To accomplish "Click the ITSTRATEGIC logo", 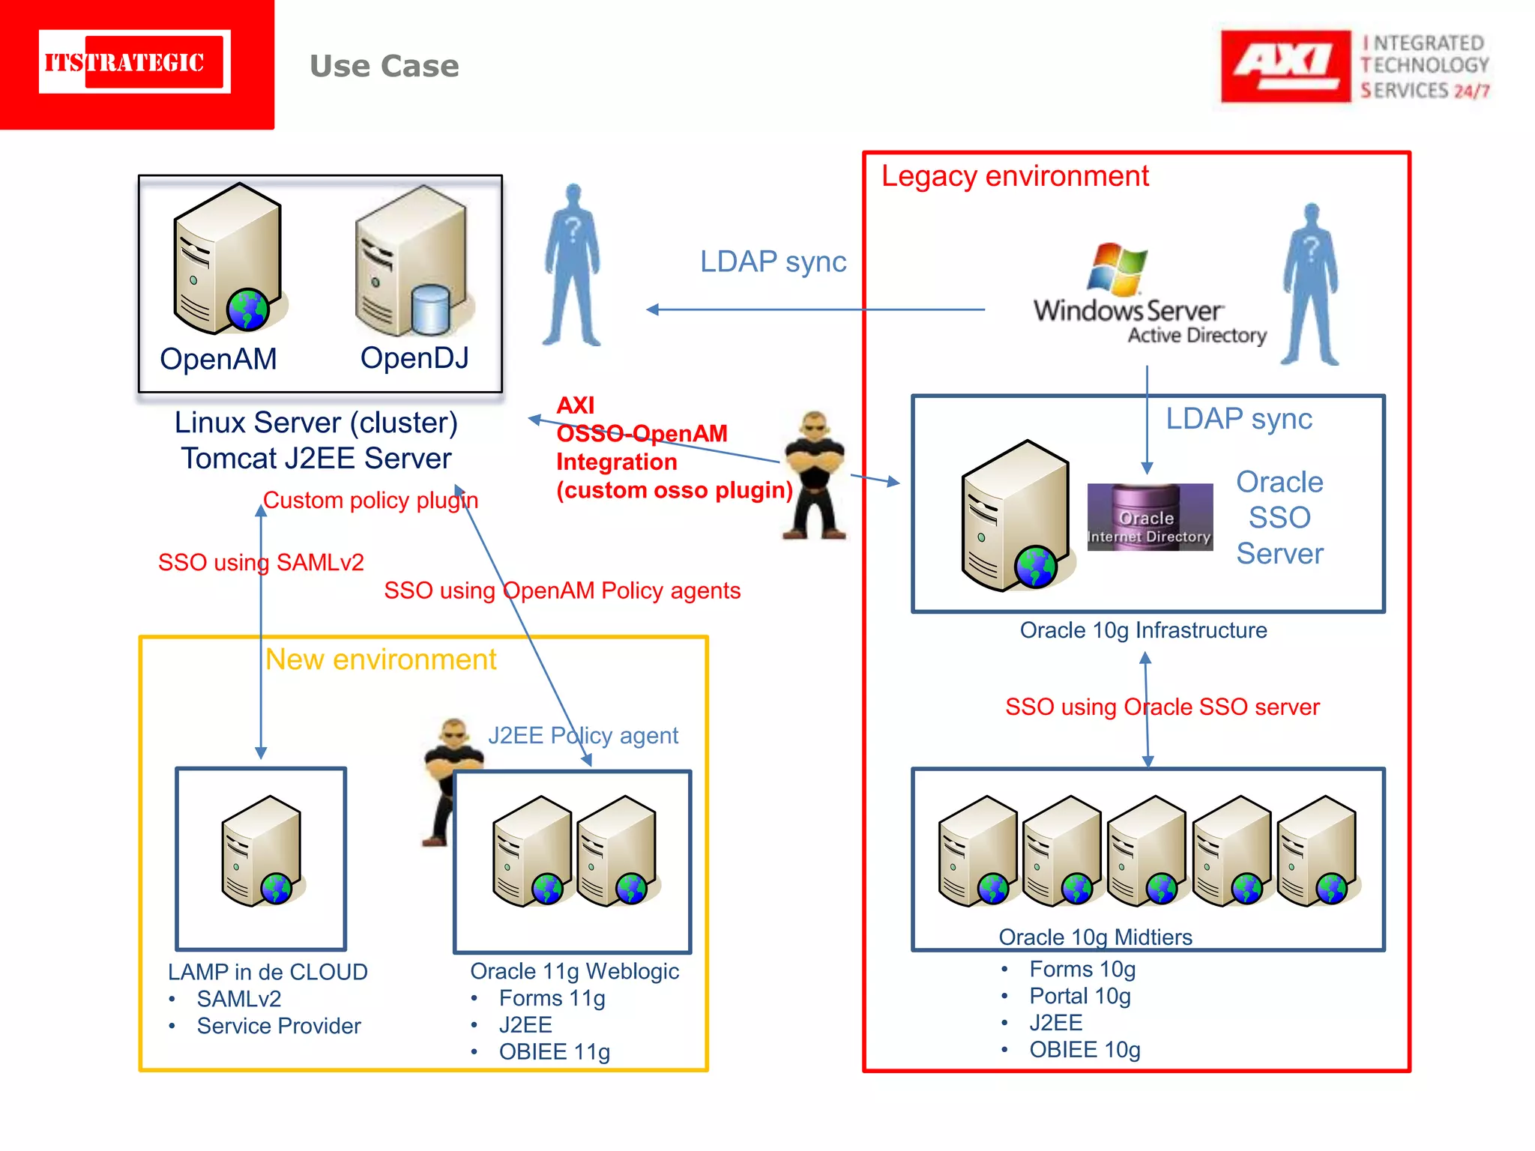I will [x=135, y=62].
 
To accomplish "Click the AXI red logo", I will [x=1285, y=66].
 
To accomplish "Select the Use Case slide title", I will [x=384, y=66].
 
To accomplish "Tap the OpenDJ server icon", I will [x=412, y=262].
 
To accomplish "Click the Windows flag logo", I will [x=1117, y=268].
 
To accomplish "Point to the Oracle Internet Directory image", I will [x=1149, y=517].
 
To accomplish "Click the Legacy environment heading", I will [x=1014, y=176].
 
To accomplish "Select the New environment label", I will [x=381, y=659].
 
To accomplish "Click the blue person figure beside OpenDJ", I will [x=573, y=265].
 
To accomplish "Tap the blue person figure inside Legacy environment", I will [x=1310, y=285].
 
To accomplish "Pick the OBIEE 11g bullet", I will [x=554, y=1051].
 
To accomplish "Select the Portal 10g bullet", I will [x=1079, y=996].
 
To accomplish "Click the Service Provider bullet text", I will [x=278, y=1026].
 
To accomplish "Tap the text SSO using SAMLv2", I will [x=261, y=562].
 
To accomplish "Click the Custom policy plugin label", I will [x=370, y=500].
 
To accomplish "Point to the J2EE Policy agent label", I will [x=582, y=735].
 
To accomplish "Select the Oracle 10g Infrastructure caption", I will [x=1143, y=630].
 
